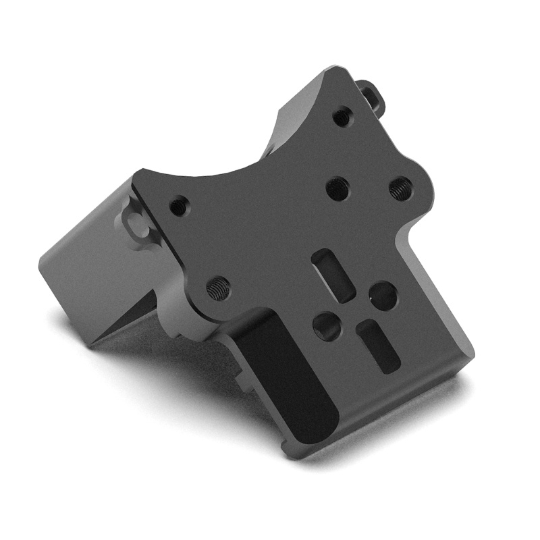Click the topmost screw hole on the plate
[342, 117]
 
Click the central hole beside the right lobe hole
[337, 188]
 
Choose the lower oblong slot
[379, 346]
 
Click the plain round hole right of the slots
[383, 296]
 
